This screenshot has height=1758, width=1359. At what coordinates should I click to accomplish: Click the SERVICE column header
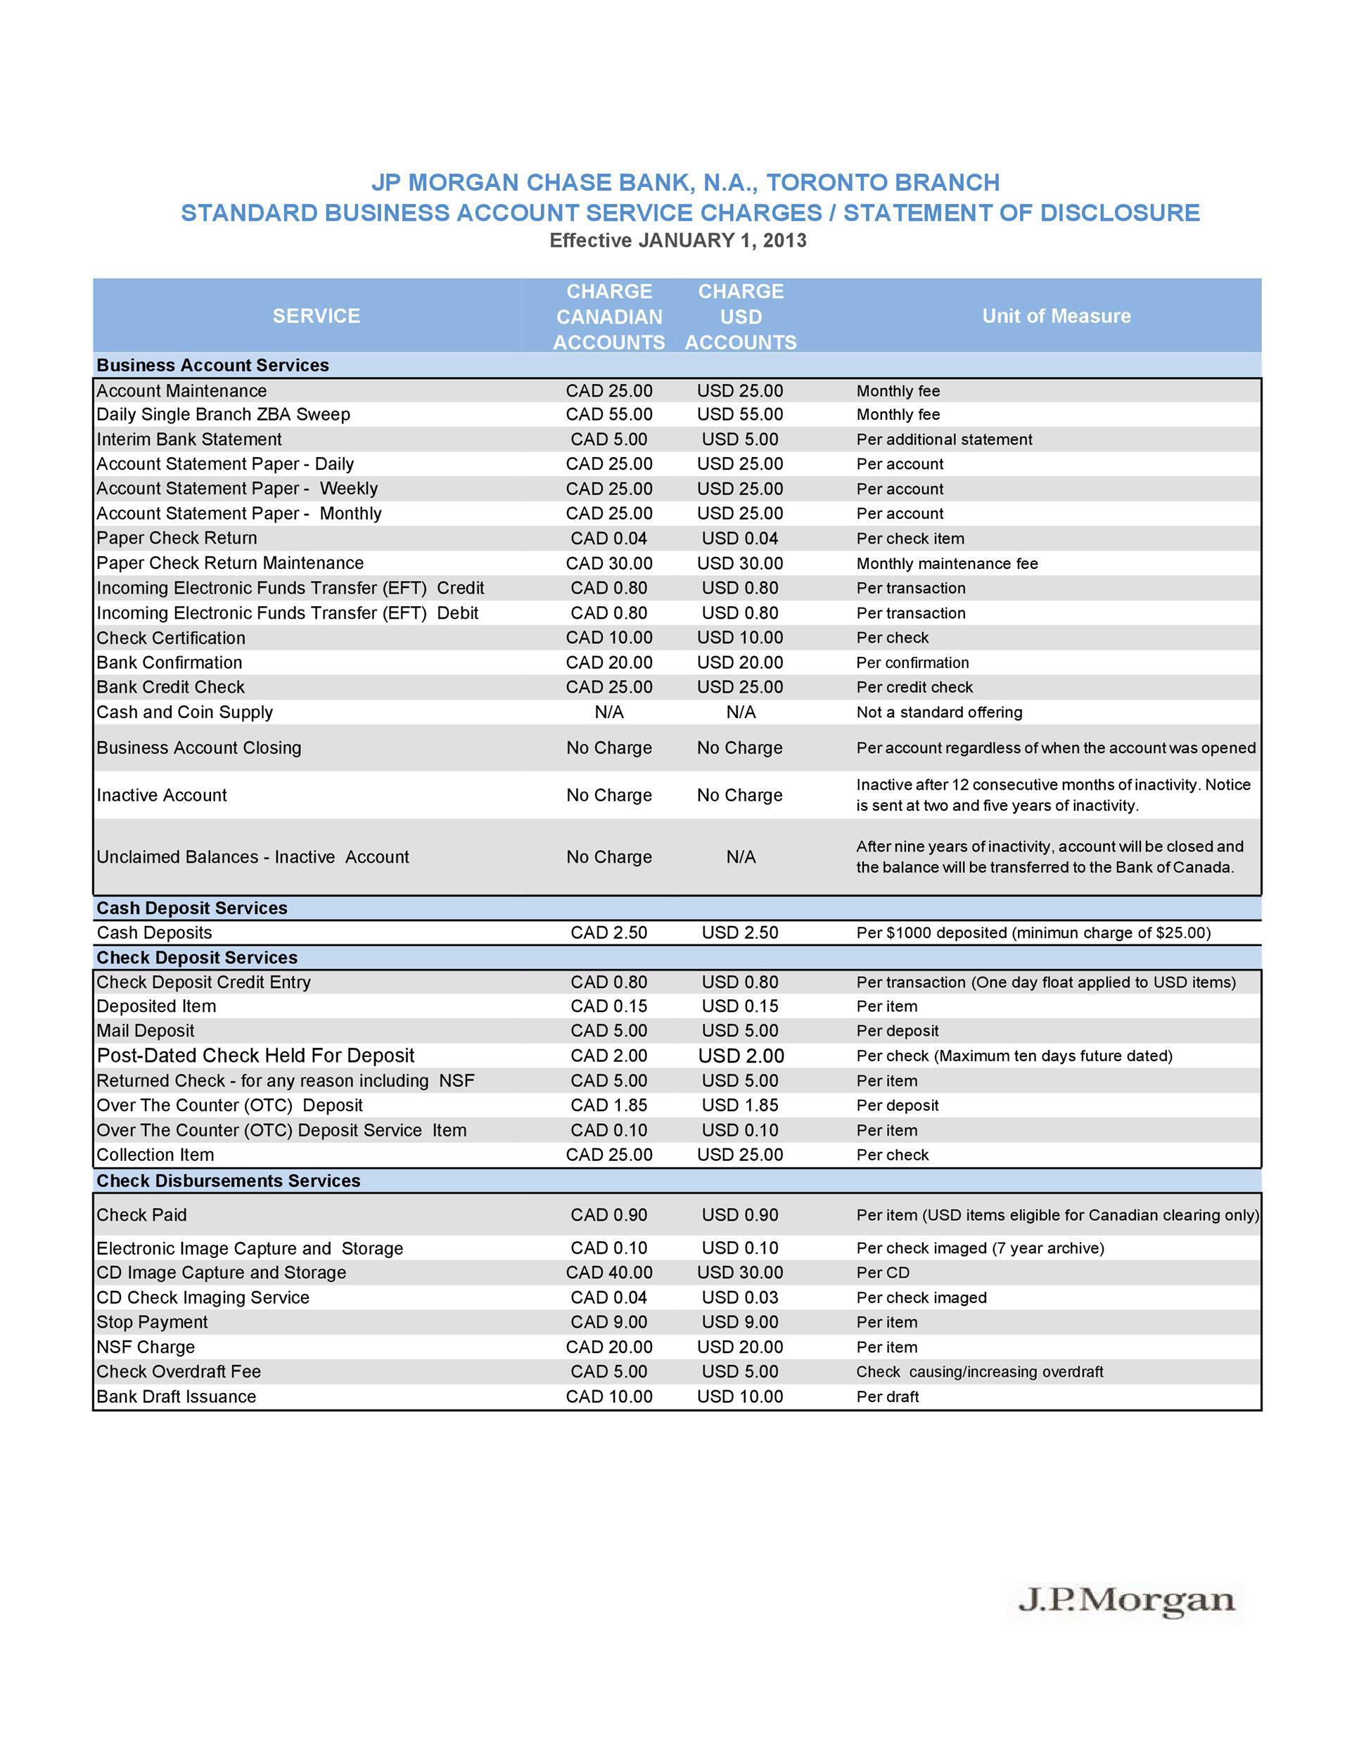point(316,316)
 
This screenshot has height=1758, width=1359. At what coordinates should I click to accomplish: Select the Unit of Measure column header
point(1056,316)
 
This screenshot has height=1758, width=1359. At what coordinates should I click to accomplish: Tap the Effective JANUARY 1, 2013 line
point(677,240)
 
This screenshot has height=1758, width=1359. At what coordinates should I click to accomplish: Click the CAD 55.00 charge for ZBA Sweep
point(608,415)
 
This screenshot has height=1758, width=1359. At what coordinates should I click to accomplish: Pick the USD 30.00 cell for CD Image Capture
point(740,1273)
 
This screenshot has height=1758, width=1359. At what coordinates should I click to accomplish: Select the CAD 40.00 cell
point(608,1273)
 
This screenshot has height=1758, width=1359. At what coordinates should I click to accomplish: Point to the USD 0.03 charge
point(740,1297)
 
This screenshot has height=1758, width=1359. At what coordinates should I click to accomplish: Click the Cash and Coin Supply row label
point(184,712)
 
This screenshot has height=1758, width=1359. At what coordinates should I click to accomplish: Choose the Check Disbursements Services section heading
point(228,1181)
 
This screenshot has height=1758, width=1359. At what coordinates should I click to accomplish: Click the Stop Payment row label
point(152,1323)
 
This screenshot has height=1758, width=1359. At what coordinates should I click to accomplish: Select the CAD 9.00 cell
point(608,1323)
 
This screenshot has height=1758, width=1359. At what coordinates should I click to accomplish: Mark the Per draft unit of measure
point(887,1397)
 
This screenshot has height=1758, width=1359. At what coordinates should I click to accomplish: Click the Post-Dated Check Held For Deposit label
point(255,1056)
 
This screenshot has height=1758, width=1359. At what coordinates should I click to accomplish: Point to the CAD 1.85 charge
point(608,1105)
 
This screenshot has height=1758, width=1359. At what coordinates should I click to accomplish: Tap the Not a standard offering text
point(939,712)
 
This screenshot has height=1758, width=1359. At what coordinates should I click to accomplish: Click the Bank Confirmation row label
point(169,662)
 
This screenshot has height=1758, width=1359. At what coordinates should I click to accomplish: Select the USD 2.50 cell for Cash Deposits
point(740,933)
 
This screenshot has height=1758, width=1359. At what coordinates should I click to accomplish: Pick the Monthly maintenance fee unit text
point(947,563)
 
